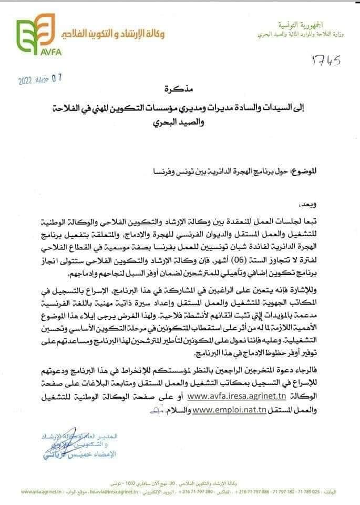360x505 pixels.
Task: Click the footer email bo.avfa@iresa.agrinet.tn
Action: pyautogui.click(x=113, y=492)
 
